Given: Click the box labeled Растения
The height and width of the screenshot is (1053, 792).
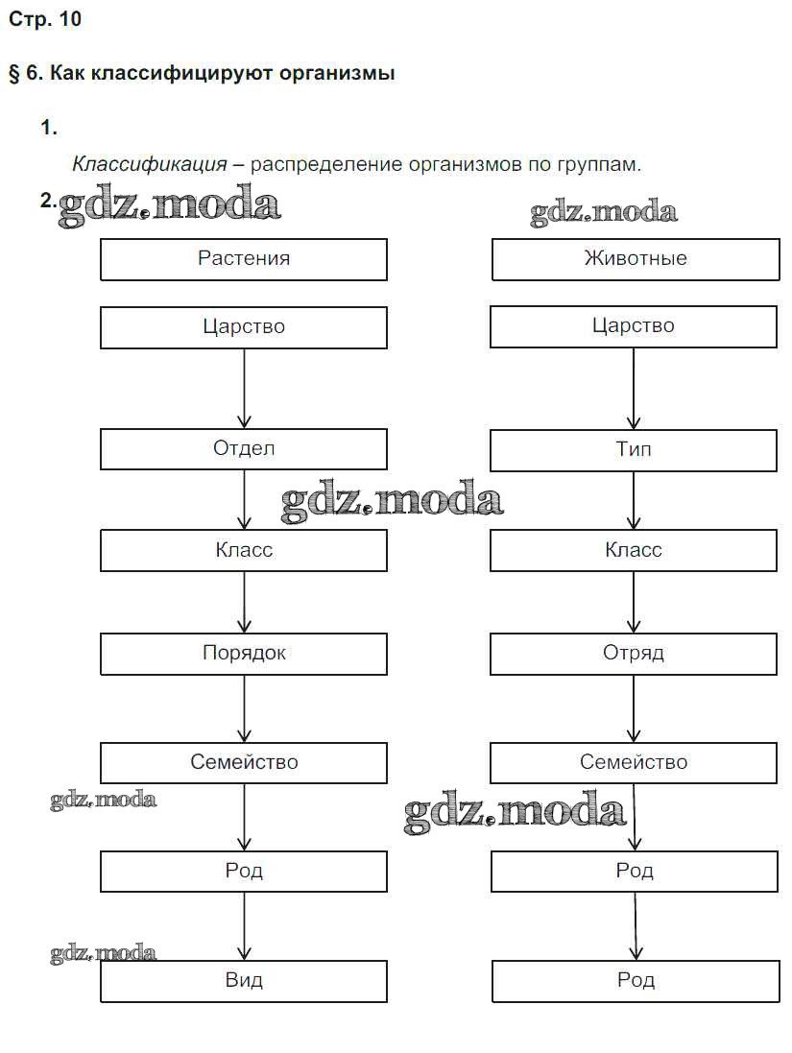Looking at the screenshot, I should (x=244, y=259).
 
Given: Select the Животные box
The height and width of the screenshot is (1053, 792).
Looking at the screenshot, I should (x=636, y=259).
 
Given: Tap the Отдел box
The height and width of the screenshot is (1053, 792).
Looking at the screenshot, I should (x=244, y=448).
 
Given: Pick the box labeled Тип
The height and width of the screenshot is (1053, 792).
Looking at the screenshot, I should (x=634, y=449).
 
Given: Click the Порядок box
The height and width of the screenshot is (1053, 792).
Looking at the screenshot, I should (x=244, y=654).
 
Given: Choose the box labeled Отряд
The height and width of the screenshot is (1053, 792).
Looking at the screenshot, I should (x=634, y=654).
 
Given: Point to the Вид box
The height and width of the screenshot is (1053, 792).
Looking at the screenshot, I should (x=244, y=981).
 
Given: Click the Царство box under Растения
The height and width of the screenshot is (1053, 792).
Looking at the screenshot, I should (x=244, y=327).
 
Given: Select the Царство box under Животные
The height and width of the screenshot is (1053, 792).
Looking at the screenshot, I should (x=634, y=326).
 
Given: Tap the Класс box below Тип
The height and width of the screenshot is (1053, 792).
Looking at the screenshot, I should (x=634, y=551).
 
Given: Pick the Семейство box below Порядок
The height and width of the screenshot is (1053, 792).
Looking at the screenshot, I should (x=244, y=763).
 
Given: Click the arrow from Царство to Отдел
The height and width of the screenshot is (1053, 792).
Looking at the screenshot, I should (x=244, y=388).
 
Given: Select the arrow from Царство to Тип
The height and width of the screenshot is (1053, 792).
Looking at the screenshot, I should (x=634, y=388).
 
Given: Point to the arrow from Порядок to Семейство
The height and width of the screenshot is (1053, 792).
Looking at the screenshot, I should (x=244, y=708).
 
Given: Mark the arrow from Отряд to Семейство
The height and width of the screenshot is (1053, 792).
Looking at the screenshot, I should (x=634, y=708).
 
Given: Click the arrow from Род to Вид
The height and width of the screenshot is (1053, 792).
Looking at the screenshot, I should (x=244, y=926).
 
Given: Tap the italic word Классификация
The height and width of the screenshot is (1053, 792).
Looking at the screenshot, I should (x=150, y=164).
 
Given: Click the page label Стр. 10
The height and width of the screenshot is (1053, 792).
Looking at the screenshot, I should (x=45, y=20).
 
